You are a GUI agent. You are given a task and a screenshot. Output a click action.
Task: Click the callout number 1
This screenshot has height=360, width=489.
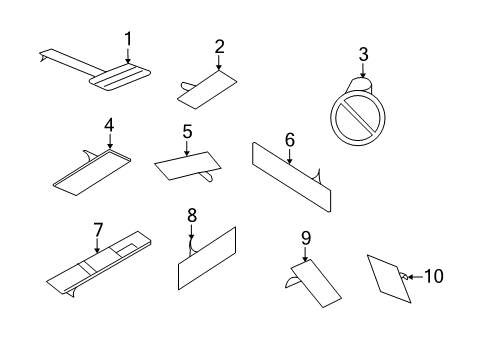(x=128, y=39)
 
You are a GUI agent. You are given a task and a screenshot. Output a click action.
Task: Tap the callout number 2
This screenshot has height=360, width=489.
(x=219, y=47)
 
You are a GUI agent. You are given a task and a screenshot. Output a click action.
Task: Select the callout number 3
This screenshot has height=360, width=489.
(x=363, y=54)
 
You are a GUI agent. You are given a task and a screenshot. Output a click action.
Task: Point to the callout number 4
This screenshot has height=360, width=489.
(x=109, y=126)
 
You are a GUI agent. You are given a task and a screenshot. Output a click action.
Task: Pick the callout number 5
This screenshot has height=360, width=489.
(x=187, y=132)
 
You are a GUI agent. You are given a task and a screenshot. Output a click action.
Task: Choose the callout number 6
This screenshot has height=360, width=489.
(x=290, y=140)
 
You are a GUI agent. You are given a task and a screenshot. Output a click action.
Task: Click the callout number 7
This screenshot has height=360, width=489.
(x=98, y=230)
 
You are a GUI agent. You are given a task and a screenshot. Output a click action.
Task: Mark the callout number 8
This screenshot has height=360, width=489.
(x=192, y=216)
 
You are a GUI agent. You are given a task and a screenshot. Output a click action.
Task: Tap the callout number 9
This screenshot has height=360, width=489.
(x=306, y=238)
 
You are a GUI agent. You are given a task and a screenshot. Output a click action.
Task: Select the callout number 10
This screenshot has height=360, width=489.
(x=434, y=276)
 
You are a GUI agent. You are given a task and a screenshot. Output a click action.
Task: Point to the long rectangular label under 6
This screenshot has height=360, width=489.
(x=292, y=177)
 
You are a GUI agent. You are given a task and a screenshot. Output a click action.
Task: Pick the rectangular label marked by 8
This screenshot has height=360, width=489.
(x=207, y=258)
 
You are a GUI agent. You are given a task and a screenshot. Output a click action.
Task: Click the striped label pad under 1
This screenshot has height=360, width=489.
(x=120, y=77)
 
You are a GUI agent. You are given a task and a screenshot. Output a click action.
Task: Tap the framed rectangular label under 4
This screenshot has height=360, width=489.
(x=92, y=172)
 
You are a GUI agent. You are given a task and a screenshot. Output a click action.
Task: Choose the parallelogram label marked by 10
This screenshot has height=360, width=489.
(x=389, y=279)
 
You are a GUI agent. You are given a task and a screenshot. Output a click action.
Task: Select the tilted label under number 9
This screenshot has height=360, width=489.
(x=316, y=283)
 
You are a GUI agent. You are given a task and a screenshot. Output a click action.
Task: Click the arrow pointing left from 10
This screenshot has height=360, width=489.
(x=415, y=277)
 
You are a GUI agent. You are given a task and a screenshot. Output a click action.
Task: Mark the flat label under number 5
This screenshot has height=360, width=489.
(x=188, y=166)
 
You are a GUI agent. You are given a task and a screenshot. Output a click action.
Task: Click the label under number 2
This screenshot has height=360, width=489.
(x=207, y=90)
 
